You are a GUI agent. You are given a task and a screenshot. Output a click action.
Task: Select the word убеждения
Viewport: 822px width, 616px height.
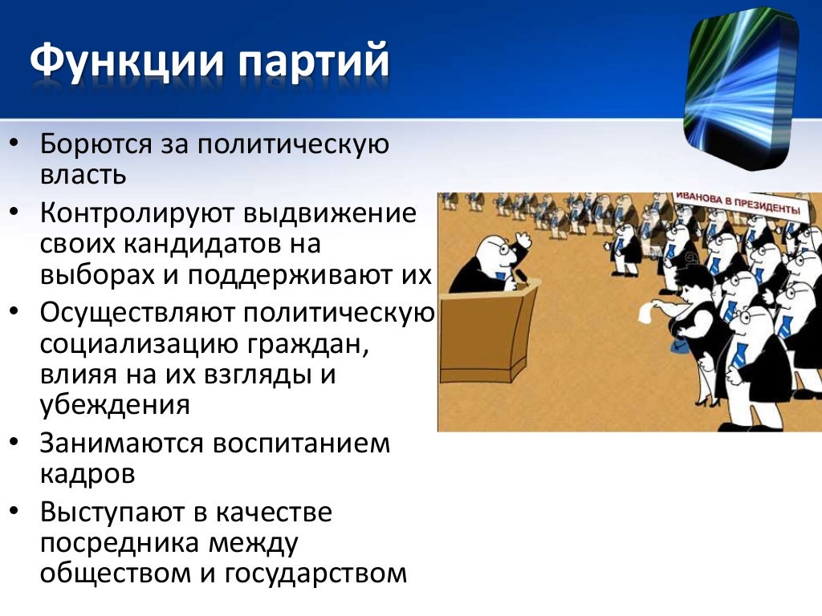(x=115, y=404)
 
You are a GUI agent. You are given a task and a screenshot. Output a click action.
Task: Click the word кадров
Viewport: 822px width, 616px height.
(x=87, y=473)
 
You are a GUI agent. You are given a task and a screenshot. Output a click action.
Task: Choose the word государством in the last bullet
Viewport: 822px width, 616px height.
(x=316, y=573)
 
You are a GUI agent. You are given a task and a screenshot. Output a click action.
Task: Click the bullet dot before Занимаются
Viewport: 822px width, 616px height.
(x=17, y=442)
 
